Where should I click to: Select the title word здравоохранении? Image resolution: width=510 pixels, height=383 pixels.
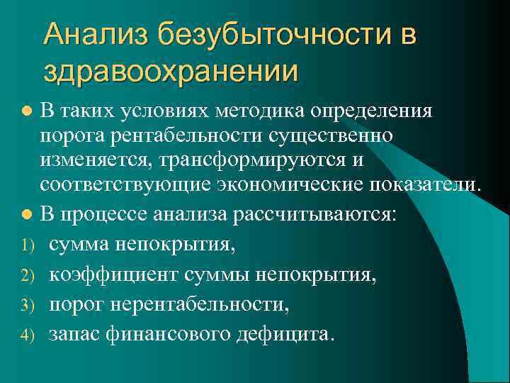170,71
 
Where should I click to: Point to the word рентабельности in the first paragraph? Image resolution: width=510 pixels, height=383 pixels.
179,135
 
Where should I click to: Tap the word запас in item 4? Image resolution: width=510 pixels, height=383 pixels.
75,334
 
